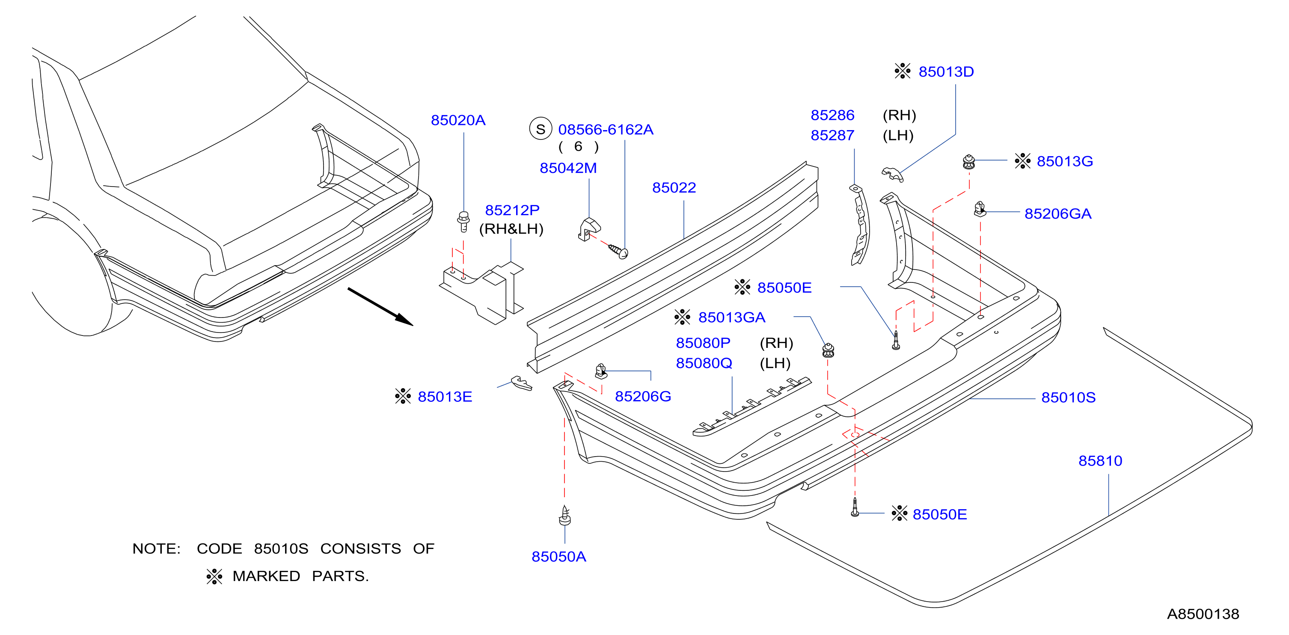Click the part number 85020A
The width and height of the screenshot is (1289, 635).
458,120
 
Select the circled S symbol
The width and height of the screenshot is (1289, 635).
541,129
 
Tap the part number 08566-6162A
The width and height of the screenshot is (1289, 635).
606,130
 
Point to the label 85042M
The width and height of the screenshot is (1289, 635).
568,168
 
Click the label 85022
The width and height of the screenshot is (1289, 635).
674,188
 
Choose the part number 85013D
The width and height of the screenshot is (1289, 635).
946,71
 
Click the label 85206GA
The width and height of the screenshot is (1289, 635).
1058,214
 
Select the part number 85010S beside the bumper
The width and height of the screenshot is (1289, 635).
1068,398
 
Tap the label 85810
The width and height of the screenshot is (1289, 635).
1100,461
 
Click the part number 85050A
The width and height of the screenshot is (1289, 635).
558,556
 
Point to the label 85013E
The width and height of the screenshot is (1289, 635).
445,397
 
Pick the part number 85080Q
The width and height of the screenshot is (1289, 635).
704,363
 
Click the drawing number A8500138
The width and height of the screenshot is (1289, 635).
1203,614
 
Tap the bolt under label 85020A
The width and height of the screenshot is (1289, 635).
464,222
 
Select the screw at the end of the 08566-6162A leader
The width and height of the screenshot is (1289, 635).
618,251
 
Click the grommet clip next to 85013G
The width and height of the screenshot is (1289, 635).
969,162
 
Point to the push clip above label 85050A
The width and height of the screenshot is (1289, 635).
564,516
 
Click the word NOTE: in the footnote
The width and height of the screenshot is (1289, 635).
157,549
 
